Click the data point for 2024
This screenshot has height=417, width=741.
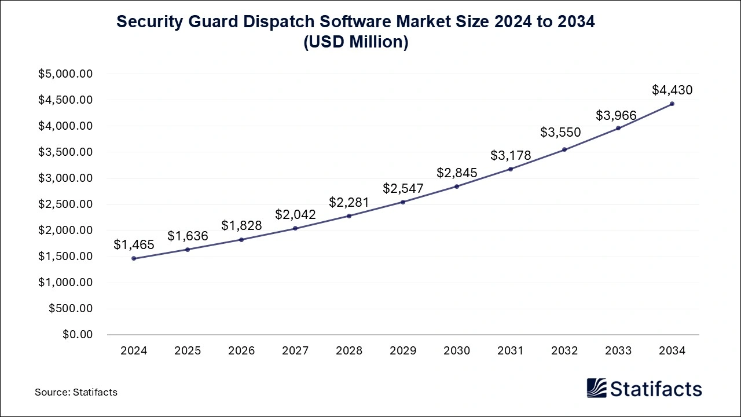point(134,258)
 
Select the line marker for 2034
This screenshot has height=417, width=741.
point(672,104)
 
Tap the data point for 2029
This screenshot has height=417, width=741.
point(403,202)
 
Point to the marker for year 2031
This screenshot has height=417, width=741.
point(511,169)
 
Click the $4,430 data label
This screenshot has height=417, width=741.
point(672,90)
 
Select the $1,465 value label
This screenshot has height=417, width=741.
point(134,244)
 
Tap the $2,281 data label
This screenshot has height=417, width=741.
point(349,202)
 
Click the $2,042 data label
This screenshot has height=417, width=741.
point(295,214)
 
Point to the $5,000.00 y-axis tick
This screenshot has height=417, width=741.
point(65,74)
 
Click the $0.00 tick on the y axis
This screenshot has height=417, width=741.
point(78,335)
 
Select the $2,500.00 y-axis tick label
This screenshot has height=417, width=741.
point(65,204)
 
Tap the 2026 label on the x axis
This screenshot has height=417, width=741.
point(241,351)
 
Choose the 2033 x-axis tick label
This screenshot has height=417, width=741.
point(618,351)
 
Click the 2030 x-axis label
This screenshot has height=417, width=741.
point(457,351)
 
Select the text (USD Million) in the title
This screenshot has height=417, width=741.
point(356,42)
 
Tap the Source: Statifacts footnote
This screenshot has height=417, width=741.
point(76,392)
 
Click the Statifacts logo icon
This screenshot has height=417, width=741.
point(597,388)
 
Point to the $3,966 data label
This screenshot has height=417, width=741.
point(616,115)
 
